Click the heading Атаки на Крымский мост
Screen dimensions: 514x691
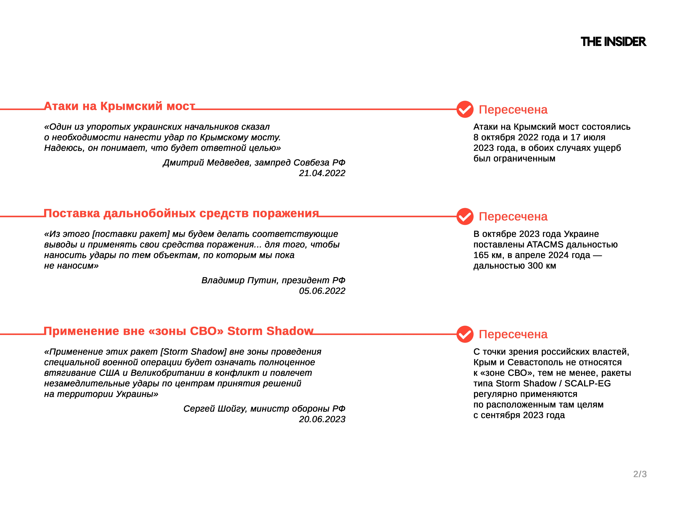[119, 106]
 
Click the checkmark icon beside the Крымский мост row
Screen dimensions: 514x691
[464, 109]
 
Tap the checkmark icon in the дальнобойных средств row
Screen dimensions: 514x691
[464, 216]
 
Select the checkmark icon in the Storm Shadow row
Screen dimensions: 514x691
[464, 334]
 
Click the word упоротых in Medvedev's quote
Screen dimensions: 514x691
[108, 127]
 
